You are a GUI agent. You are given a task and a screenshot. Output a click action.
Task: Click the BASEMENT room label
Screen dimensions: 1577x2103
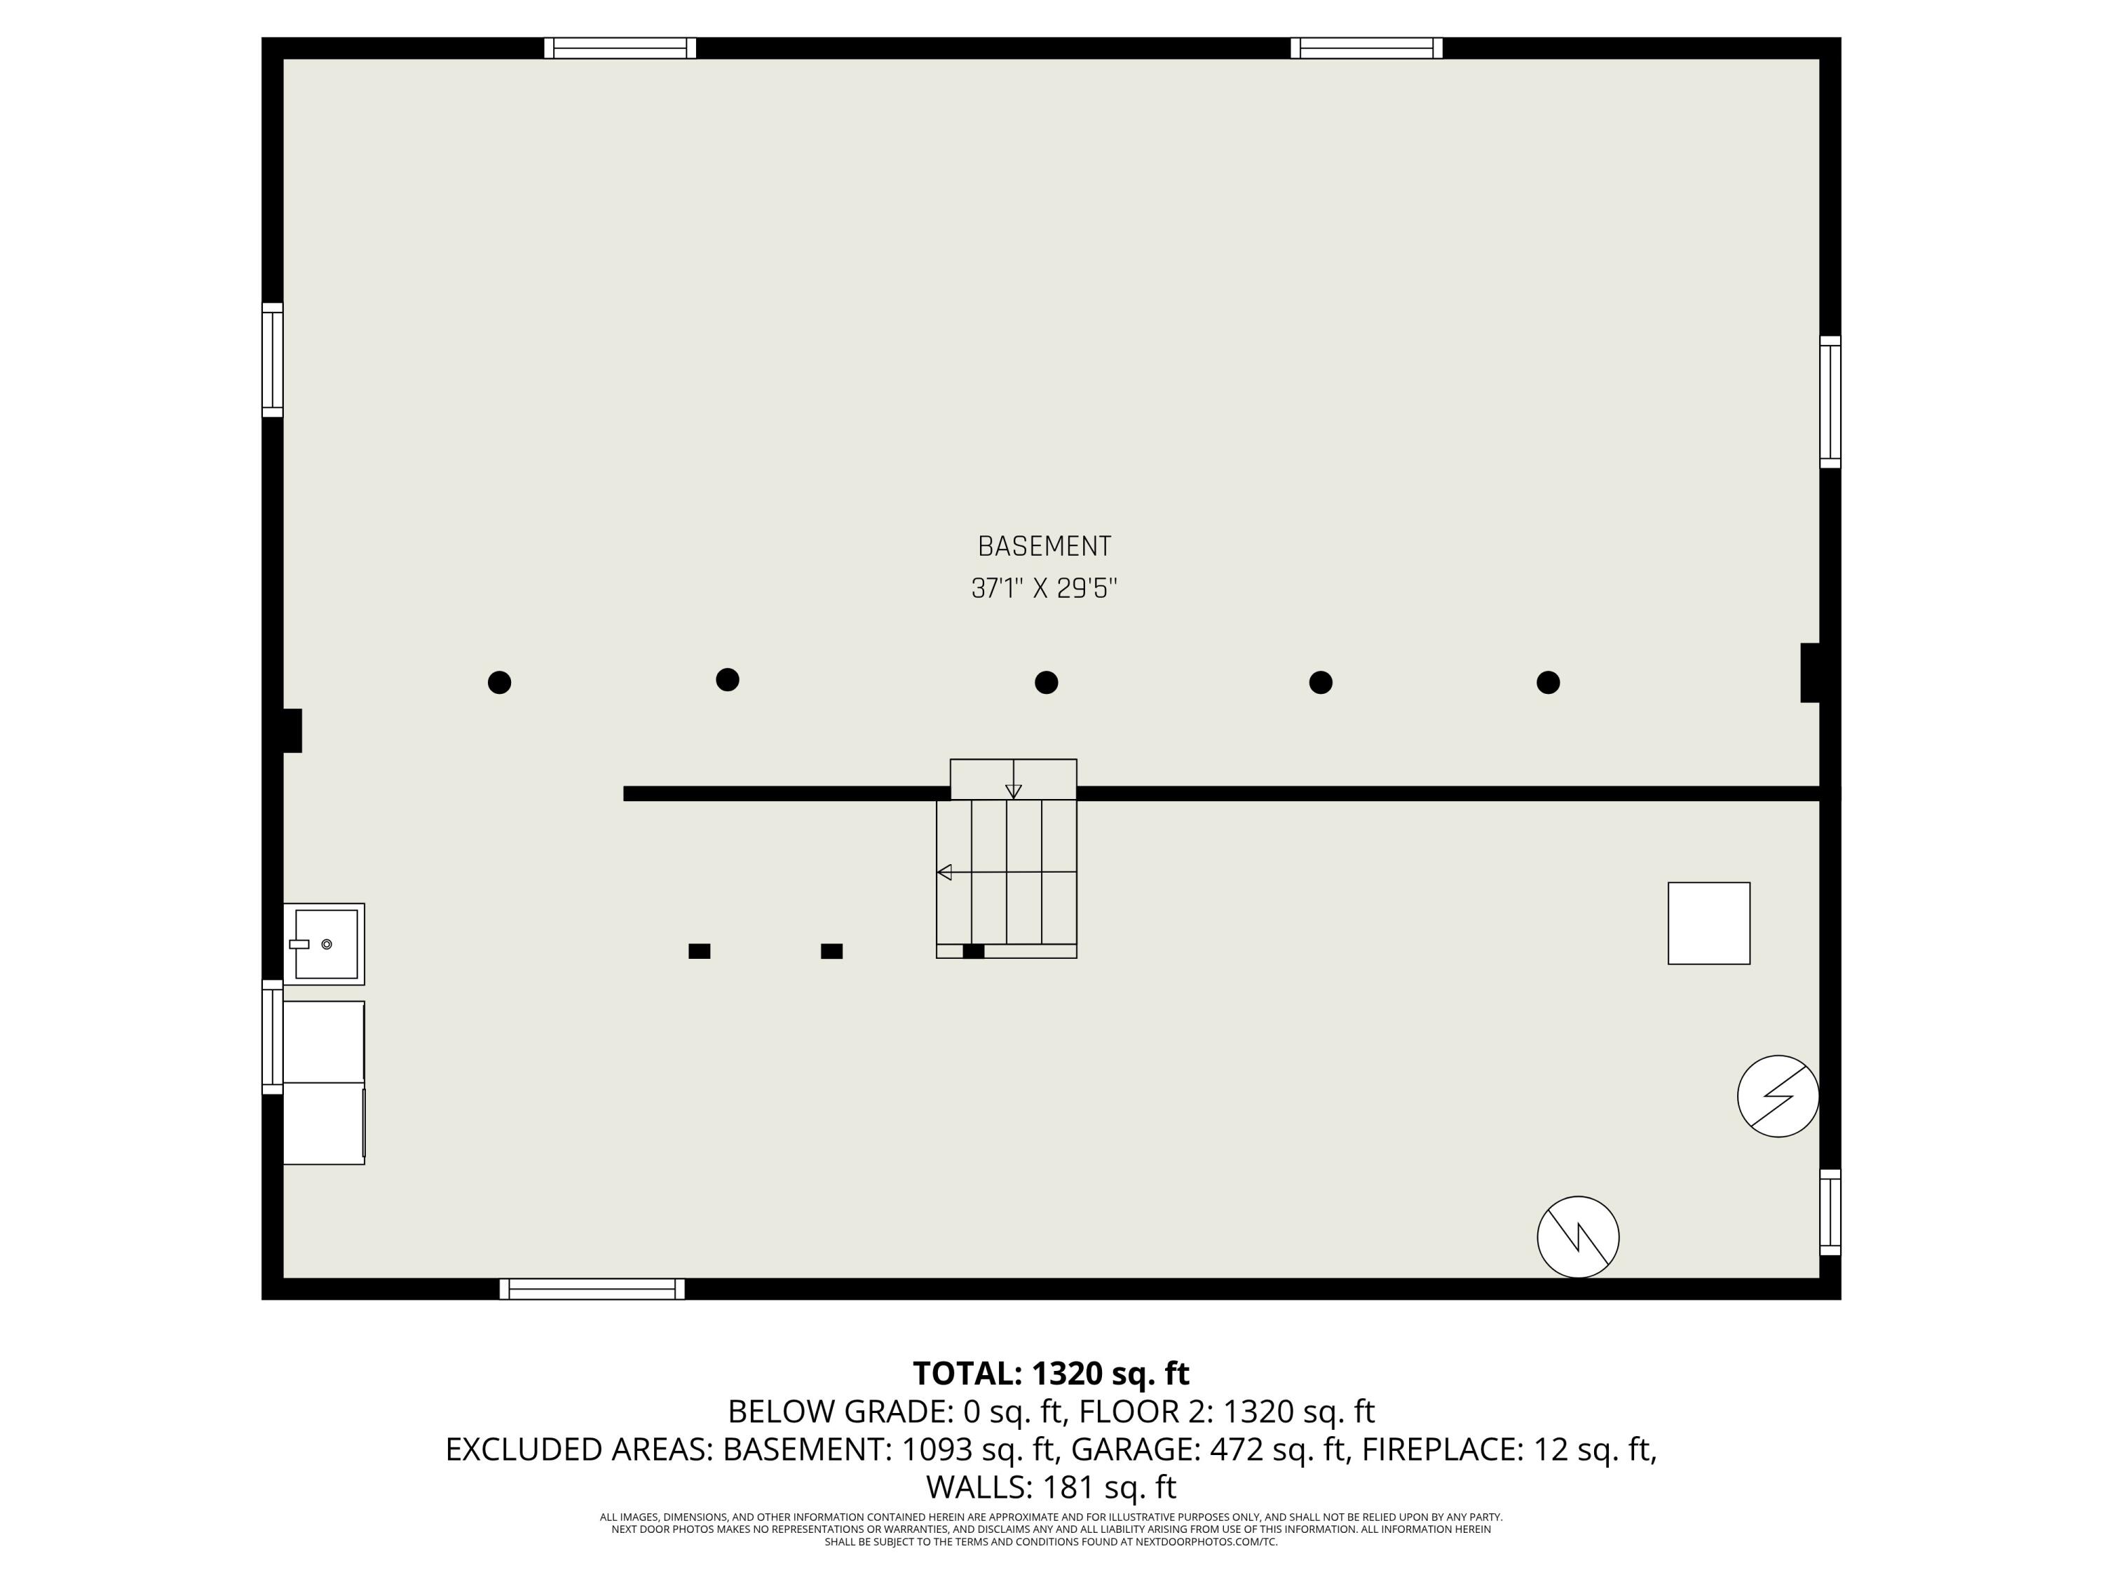pyautogui.click(x=1044, y=547)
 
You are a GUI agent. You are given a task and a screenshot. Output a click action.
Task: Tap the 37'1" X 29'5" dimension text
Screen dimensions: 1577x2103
pyautogui.click(x=1044, y=589)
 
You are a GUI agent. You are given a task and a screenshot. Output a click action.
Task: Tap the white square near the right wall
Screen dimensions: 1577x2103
pyautogui.click(x=1708, y=923)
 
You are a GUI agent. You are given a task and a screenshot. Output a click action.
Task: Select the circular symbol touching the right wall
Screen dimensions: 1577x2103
pyautogui.click(x=1778, y=1096)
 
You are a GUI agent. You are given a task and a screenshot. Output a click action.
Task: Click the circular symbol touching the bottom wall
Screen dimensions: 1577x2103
pyautogui.click(x=1578, y=1236)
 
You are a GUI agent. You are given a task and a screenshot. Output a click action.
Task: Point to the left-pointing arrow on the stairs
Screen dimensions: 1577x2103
pyautogui.click(x=944, y=872)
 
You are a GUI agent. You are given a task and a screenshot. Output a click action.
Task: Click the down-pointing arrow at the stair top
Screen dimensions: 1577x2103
pyautogui.click(x=1014, y=791)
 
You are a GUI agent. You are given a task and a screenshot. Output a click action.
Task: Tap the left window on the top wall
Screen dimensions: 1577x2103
pyautogui.click(x=620, y=48)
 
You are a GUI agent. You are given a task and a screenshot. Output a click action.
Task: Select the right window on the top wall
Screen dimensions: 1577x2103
pyautogui.click(x=1366, y=48)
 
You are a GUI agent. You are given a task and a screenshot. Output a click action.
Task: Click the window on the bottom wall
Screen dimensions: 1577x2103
pyautogui.click(x=592, y=1289)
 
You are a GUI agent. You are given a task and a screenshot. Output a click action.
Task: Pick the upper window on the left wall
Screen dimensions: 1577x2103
pyautogui.click(x=272, y=360)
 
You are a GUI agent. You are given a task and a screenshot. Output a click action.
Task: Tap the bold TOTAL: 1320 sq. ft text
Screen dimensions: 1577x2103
pyautogui.click(x=1051, y=1374)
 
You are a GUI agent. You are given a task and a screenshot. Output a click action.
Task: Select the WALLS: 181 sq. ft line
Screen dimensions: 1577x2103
pyautogui.click(x=1051, y=1486)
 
